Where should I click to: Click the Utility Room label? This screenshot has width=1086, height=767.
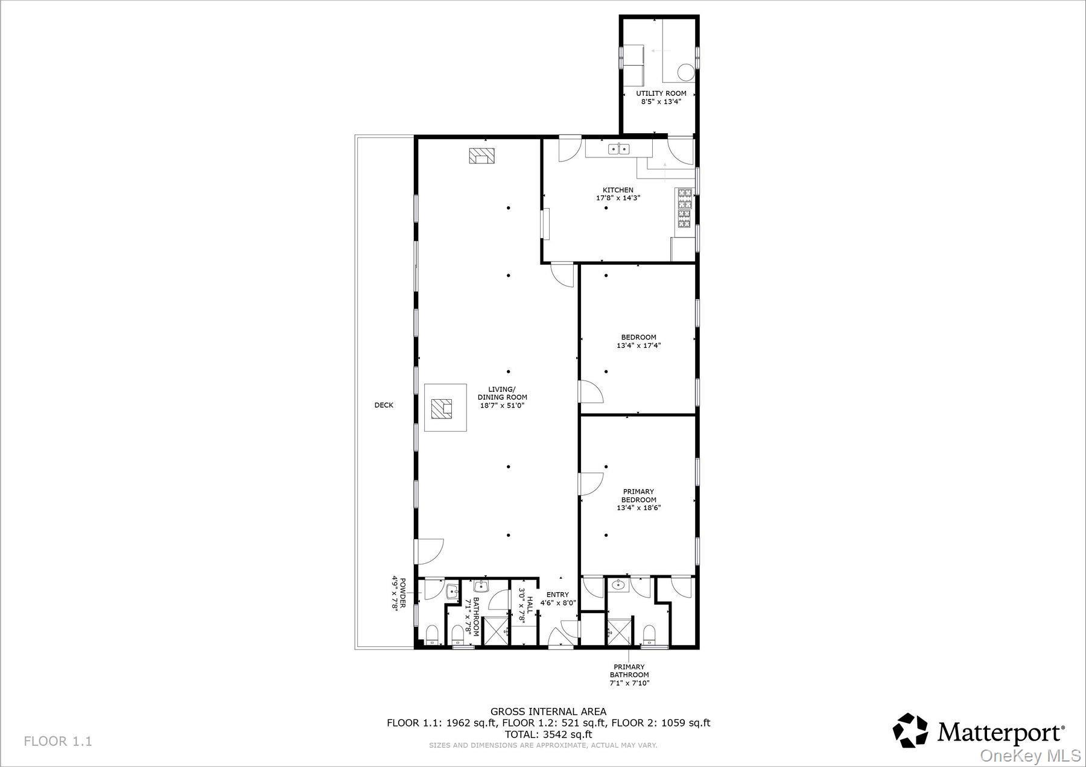pos(661,93)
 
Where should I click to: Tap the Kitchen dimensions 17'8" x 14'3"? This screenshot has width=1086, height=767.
pos(618,198)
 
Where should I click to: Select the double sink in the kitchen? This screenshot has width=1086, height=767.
pos(619,148)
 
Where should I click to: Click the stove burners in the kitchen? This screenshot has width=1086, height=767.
pos(685,209)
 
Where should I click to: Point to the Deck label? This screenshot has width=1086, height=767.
pos(384,405)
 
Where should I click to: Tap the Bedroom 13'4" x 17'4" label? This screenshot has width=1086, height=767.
pos(639,341)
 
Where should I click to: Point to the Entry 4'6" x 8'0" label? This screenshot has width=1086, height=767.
pos(558,598)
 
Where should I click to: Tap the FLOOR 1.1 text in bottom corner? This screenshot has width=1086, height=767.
pos(58,741)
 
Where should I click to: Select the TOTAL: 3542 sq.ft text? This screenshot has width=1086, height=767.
pos(548,734)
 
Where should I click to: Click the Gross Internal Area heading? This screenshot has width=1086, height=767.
pos(548,712)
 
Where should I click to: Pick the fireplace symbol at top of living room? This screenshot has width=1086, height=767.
pos(481,156)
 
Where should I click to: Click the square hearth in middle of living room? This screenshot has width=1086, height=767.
pos(445,408)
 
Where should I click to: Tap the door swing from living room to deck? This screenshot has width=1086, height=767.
pos(429,550)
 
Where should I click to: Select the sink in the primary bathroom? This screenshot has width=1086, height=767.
pos(617,584)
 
